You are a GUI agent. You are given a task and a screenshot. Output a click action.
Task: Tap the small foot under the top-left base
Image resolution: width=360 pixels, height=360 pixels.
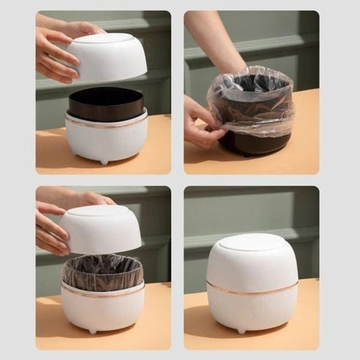pos(104,161)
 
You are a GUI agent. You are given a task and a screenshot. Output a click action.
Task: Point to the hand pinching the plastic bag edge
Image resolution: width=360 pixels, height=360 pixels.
pos(199,126)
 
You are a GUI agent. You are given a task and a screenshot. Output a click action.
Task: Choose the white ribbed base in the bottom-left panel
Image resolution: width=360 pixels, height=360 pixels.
pos(102,310)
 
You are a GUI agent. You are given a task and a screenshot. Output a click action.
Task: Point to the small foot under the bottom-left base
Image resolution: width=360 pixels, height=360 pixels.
pos(93,331)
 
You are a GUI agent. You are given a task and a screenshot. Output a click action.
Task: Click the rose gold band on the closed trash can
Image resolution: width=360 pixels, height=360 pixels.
pos(251,288)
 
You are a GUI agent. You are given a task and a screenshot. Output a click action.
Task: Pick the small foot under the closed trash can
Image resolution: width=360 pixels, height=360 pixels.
pos(242,331)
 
